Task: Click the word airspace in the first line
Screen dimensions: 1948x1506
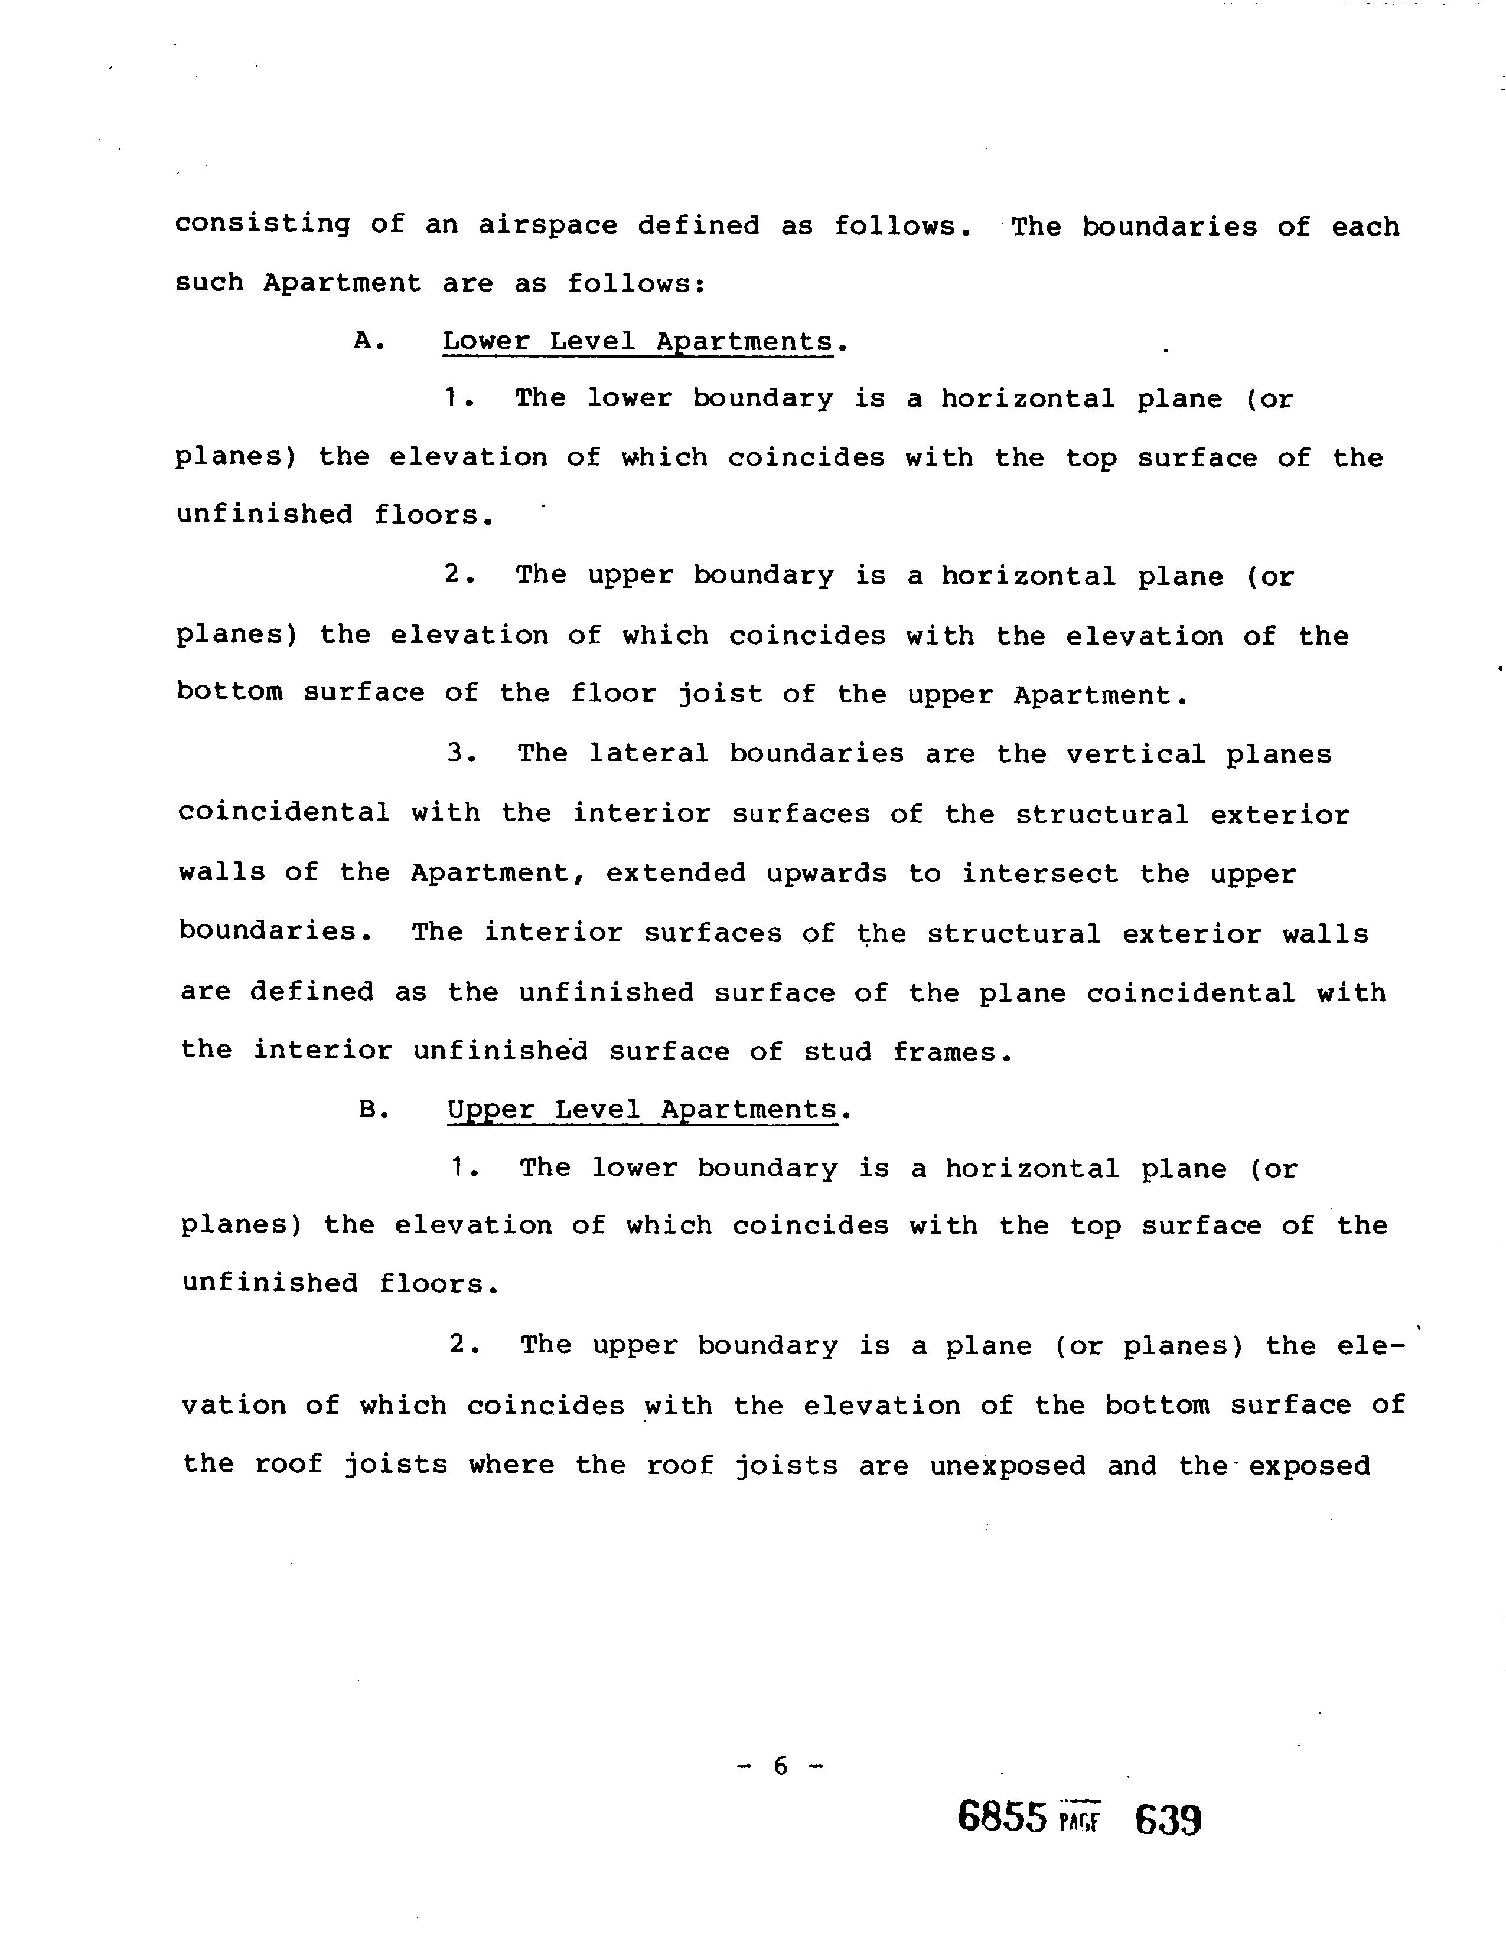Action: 548,225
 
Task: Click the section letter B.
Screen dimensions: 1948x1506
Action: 370,1110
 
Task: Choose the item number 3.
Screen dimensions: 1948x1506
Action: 458,754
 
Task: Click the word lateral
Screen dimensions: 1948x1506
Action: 648,754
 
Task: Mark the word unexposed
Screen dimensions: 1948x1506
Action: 1008,1466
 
